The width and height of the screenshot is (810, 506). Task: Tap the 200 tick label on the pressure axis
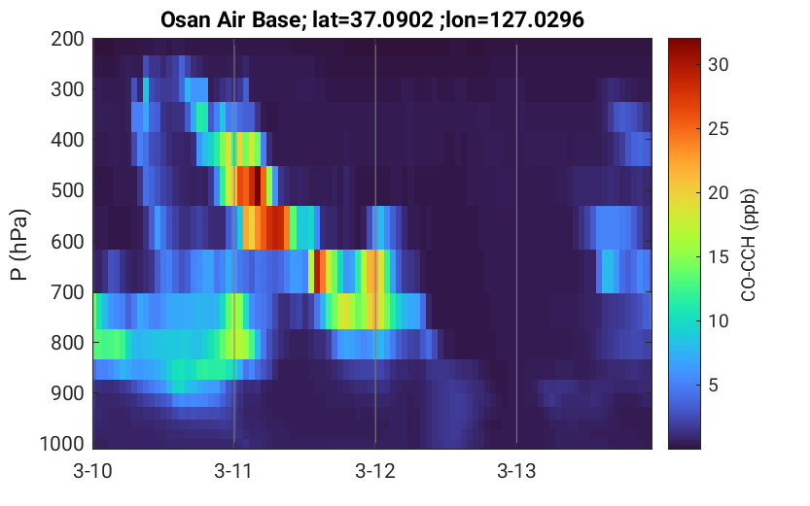tap(67, 39)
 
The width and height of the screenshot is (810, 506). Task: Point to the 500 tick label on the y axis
tap(67, 191)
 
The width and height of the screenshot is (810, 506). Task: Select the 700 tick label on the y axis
tap(67, 292)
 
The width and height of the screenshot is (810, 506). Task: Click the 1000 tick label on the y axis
tap(62, 444)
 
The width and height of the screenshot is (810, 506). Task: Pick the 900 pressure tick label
tap(67, 393)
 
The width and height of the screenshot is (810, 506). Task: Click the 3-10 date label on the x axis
tap(93, 471)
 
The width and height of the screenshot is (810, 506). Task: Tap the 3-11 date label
tap(233, 471)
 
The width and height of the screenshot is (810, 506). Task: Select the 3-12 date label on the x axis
tap(375, 471)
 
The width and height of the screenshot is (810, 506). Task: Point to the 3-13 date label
tap(516, 471)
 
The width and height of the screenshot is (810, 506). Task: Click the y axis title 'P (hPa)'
tap(19, 245)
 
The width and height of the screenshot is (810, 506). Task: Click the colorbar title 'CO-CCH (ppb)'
tap(749, 245)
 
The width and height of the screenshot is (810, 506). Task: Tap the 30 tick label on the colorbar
tap(718, 64)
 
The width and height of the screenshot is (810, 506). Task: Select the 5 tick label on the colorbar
tap(713, 385)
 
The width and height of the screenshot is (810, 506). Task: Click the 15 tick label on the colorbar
tap(718, 256)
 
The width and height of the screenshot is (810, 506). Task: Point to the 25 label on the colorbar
tap(718, 128)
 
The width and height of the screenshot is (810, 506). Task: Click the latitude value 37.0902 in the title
tap(392, 20)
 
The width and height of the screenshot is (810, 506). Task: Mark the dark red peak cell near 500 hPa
tap(258, 186)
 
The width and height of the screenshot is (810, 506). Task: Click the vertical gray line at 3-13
tap(516, 244)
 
